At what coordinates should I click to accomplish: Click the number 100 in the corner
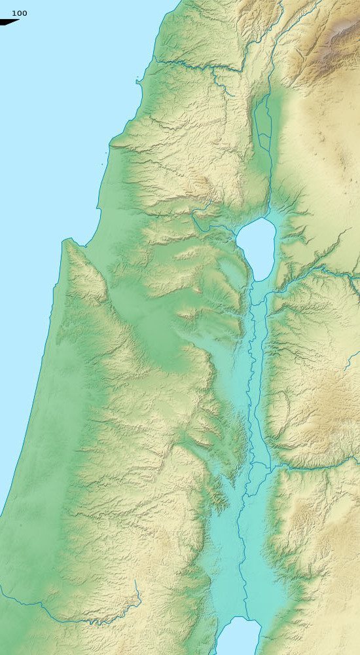tap(20, 13)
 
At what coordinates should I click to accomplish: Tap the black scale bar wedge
tap(9, 22)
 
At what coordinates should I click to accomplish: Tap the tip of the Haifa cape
tap(65, 241)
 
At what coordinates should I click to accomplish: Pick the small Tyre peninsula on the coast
tap(137, 81)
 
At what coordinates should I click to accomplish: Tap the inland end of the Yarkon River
tap(139, 593)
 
